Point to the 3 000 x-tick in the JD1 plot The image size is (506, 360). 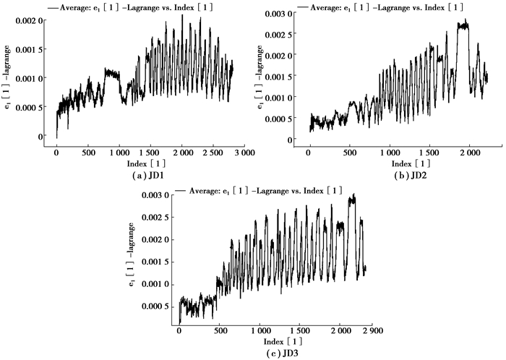point(243,153)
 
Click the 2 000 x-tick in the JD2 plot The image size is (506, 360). point(469,153)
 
